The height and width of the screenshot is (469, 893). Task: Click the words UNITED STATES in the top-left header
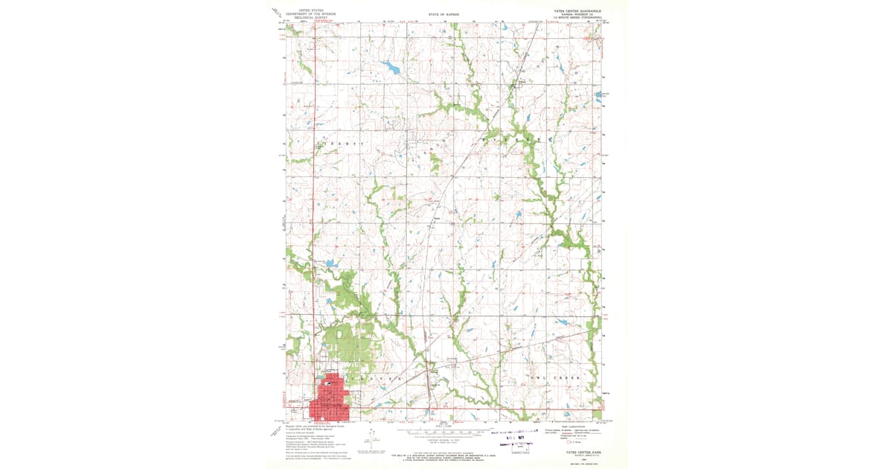pos(311,10)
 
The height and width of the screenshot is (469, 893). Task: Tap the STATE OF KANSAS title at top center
pos(444,14)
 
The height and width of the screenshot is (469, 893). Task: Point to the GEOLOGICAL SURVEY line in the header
pos(311,17)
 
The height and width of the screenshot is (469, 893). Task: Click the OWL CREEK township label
pos(563,378)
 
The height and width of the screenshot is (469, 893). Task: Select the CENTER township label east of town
pos(383,379)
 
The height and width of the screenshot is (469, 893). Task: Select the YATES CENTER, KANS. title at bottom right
pos(574,453)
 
